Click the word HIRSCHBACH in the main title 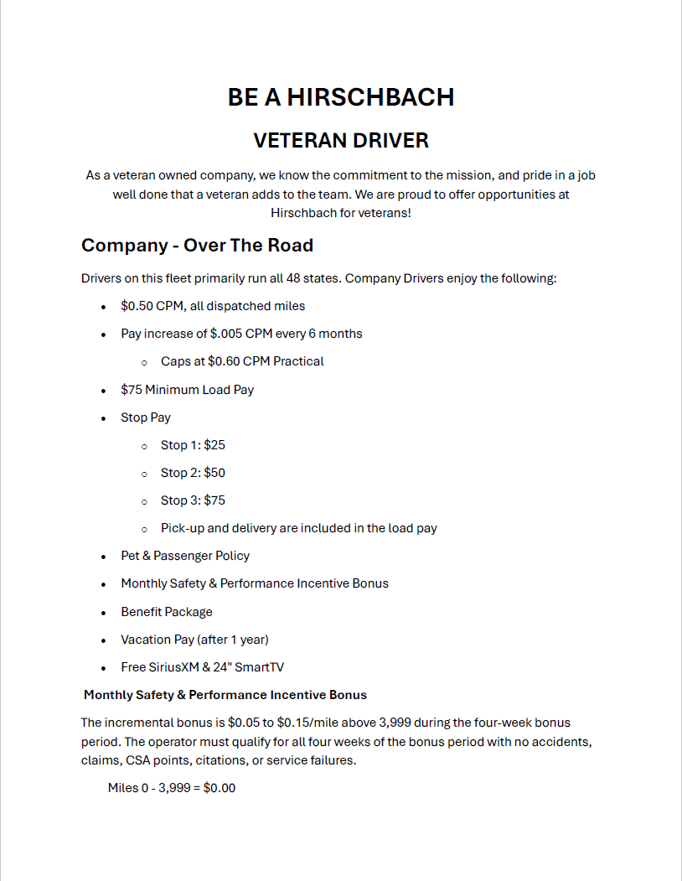pos(370,97)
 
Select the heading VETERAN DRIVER pos(341,141)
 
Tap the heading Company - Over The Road pos(197,246)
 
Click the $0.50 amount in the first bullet pos(137,306)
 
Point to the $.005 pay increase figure pos(226,334)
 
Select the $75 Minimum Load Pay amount pos(131,390)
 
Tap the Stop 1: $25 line pos(193,445)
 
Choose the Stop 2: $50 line pos(193,473)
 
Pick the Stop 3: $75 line pos(193,500)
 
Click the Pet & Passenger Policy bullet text pos(185,556)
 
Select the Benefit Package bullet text pos(167,612)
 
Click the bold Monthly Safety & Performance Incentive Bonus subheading pos(225,695)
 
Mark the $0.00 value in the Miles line pos(220,788)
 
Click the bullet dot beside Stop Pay pos(103,418)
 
